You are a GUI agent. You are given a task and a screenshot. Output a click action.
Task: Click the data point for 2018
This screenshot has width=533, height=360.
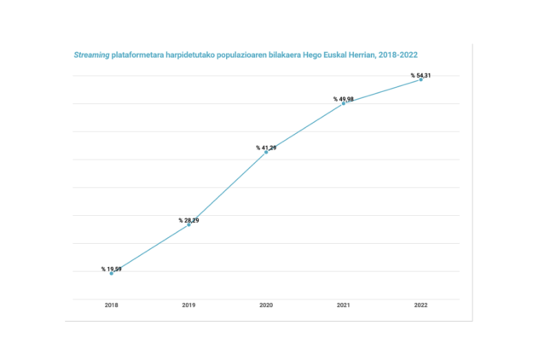111,273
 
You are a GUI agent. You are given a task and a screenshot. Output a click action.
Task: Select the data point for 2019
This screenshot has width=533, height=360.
188,224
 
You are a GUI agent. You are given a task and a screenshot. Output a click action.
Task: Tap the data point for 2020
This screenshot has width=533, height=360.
266,152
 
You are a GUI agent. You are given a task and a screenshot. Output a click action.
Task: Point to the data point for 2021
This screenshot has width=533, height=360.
343,103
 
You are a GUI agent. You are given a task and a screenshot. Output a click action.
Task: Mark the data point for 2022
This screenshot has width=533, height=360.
420,79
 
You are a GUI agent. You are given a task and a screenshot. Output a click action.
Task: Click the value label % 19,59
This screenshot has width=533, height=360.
112,269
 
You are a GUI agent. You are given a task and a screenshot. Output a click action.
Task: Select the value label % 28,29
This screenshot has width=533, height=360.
188,220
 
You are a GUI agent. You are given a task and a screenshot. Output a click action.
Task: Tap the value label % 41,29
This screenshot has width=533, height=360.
266,148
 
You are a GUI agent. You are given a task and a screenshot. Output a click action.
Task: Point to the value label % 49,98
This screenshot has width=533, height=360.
344,99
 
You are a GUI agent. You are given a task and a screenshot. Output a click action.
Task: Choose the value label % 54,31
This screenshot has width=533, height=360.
421,75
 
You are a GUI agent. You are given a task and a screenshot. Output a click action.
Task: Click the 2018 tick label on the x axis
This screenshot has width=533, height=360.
111,305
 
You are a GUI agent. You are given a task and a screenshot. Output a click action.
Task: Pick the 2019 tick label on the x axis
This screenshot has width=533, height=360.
188,305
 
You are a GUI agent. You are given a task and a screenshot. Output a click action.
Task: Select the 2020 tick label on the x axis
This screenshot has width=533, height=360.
266,305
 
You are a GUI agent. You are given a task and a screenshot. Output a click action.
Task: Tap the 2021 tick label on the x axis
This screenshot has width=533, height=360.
343,305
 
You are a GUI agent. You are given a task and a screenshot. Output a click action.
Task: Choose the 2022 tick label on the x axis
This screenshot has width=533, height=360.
420,305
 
